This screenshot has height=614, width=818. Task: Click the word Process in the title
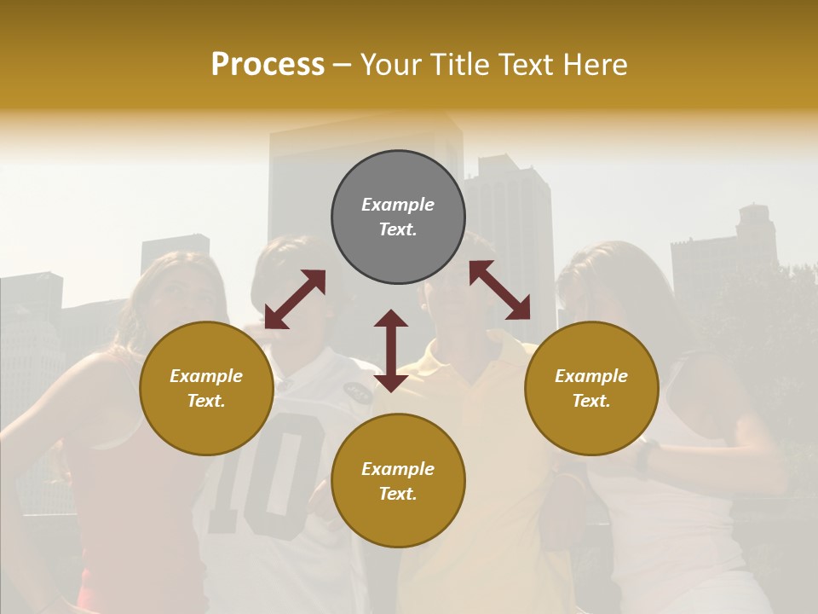tap(268, 65)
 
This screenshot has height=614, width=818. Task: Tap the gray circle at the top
tap(398, 217)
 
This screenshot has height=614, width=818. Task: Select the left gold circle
tap(206, 388)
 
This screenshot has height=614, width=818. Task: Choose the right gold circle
tap(591, 388)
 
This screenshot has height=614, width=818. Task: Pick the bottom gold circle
tap(398, 480)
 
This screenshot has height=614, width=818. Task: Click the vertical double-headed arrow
tap(391, 350)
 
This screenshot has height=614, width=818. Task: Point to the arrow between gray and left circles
tap(295, 299)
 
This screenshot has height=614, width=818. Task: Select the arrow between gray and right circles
tap(500, 290)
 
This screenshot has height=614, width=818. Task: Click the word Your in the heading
tap(393, 65)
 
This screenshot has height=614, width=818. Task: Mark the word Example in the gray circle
tap(398, 205)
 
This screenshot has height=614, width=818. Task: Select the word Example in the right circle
tap(591, 376)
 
